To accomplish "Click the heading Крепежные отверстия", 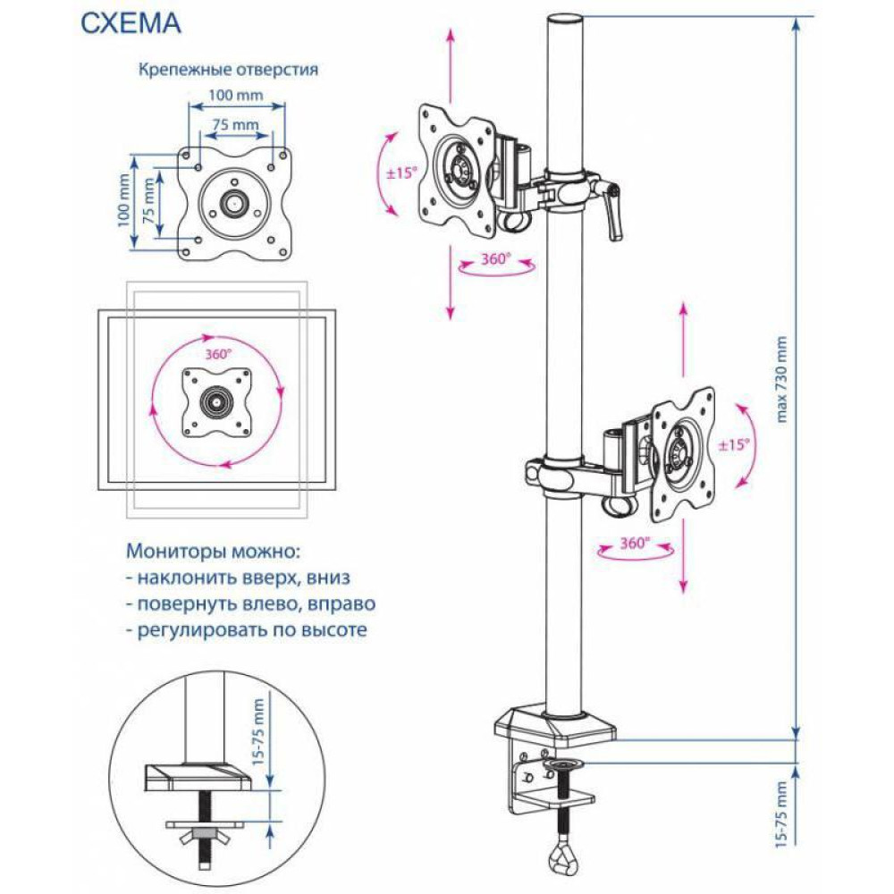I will (x=228, y=71).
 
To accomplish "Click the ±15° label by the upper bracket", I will (x=401, y=173).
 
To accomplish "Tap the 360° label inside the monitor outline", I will (x=218, y=354).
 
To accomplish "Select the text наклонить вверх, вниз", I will (x=239, y=577).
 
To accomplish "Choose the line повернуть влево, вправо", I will (x=250, y=603).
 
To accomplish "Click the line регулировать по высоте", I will (x=247, y=630).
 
